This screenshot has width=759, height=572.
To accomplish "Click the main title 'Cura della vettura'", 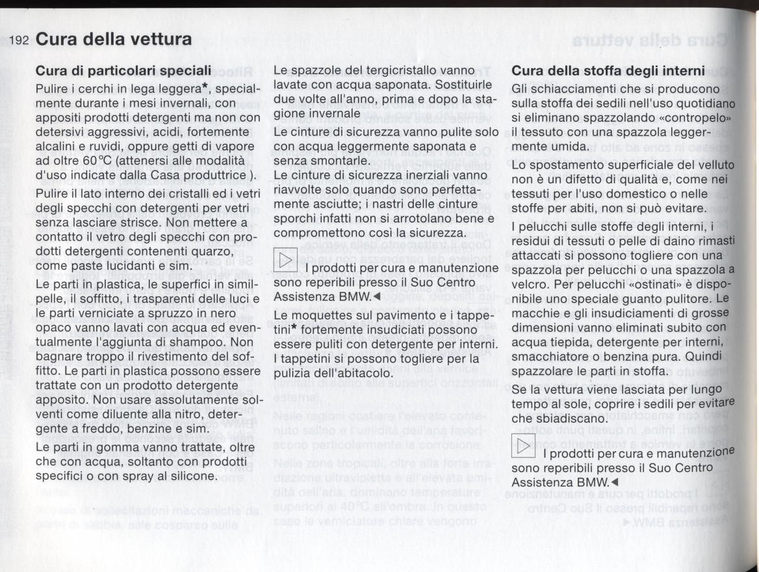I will (x=114, y=39).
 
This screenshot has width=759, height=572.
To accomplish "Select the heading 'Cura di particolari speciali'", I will (x=123, y=70).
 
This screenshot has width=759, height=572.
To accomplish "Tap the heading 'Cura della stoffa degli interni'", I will (x=609, y=70).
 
